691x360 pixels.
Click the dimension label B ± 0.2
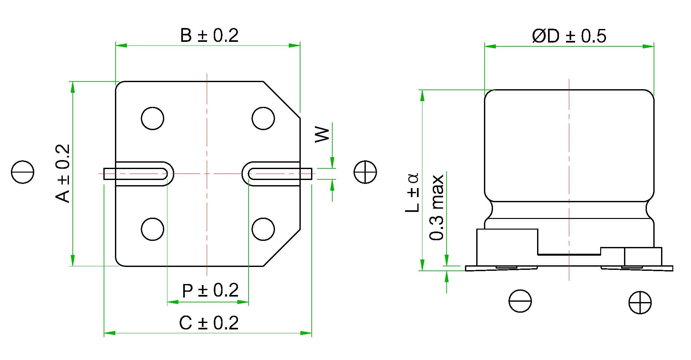pos(209,35)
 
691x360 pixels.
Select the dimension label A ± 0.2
pos(63,174)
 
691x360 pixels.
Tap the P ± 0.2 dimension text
pos(210,290)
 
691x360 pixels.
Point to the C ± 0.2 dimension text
pos(209,323)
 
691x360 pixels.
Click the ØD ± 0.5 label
pos(569,36)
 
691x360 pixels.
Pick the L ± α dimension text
pos(412,193)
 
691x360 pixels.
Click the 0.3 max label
pos(437,207)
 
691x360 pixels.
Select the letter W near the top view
pos(322,135)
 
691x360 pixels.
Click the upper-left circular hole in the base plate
pos(153,118)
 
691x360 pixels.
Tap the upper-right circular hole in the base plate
pos(263,118)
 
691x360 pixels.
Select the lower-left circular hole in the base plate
pos(153,229)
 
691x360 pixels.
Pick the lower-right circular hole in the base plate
pos(263,229)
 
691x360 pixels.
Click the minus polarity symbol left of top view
pos(23,172)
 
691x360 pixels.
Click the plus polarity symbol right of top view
pos(365,172)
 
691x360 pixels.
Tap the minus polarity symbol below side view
pos(520,301)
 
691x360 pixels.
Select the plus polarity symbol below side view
pos(640,302)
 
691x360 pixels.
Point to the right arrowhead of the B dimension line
pos(294,45)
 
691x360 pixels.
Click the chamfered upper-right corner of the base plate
pos(282,100)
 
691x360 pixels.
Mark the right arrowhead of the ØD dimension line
pos(648,46)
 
